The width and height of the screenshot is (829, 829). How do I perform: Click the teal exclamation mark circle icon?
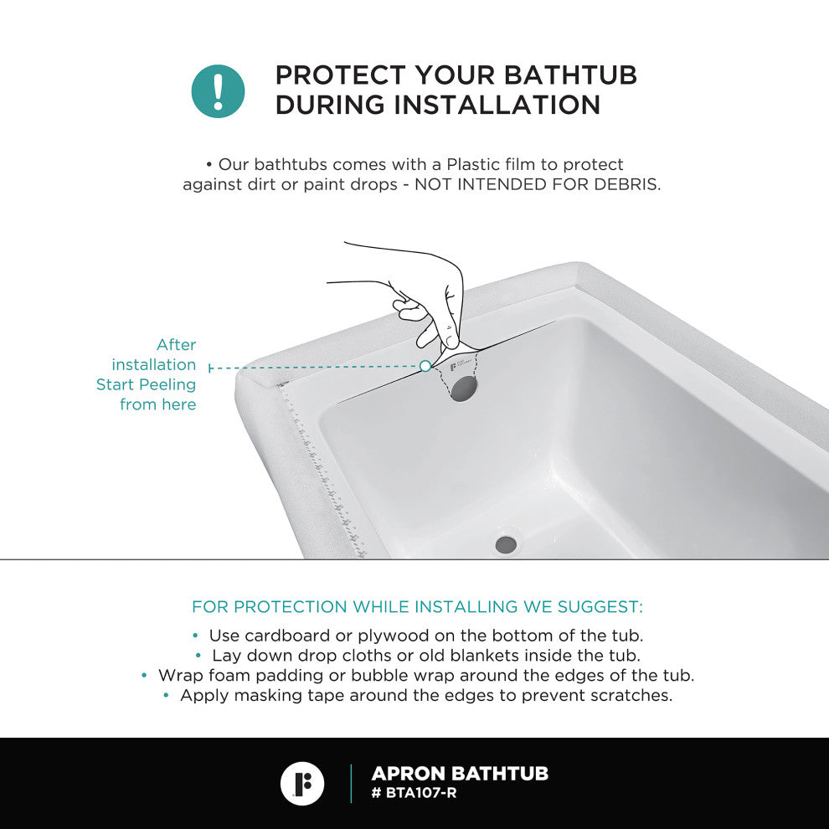pyautogui.click(x=218, y=91)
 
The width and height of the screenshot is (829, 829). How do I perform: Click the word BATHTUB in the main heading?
pyautogui.click(x=570, y=75)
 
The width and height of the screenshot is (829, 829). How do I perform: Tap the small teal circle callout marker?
pyautogui.click(x=425, y=366)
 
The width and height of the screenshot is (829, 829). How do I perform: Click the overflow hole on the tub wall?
pyautogui.click(x=464, y=387)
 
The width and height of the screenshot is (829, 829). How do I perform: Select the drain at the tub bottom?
pyautogui.click(x=506, y=544)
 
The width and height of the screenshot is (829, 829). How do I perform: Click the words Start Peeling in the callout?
pyautogui.click(x=146, y=385)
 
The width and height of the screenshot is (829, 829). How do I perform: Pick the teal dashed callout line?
pyautogui.click(x=315, y=367)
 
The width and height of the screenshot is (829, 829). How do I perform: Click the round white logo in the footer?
pyautogui.click(x=302, y=784)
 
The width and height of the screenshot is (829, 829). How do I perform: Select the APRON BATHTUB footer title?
pyautogui.click(x=460, y=774)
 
